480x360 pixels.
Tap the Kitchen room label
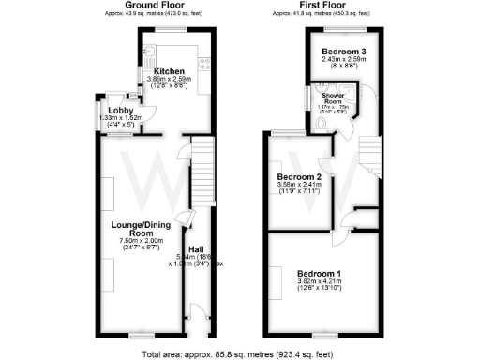coord(170,71)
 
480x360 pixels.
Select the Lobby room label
coord(108,112)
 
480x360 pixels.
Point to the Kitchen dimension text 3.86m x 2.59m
coord(170,80)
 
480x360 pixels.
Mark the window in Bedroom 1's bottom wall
coord(322,332)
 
